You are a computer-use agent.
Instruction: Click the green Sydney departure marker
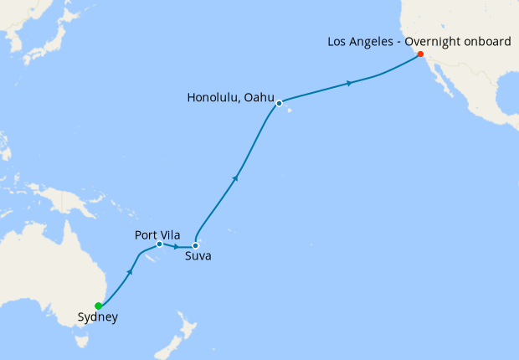pyautogui.click(x=99, y=306)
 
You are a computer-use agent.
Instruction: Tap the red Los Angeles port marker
pyautogui.click(x=420, y=54)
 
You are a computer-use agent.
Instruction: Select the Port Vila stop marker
pyautogui.click(x=159, y=244)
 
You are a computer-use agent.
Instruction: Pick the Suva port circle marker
pyautogui.click(x=195, y=246)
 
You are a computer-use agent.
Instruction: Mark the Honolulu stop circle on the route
pyautogui.click(x=280, y=103)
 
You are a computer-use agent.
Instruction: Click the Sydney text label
pyautogui.click(x=97, y=317)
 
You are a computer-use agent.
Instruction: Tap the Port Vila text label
pyautogui.click(x=157, y=234)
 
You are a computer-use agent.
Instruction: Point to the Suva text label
pyautogui.click(x=198, y=256)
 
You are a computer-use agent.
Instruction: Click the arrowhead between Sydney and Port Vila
pyautogui.click(x=131, y=273)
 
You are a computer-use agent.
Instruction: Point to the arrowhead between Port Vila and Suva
pyautogui.click(x=177, y=247)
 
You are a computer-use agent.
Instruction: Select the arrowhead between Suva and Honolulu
pyautogui.click(x=237, y=177)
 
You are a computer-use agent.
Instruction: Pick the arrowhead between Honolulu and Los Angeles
pyautogui.click(x=349, y=83)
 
